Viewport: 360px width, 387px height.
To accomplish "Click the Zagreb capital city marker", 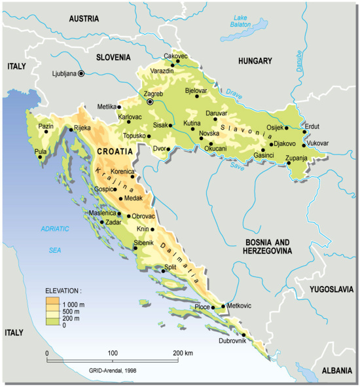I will (x=151, y=102).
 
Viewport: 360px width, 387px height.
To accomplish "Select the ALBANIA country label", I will (x=336, y=371).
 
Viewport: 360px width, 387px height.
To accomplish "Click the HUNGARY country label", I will (x=255, y=61).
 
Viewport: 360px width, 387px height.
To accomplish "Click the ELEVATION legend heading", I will (x=63, y=289).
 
